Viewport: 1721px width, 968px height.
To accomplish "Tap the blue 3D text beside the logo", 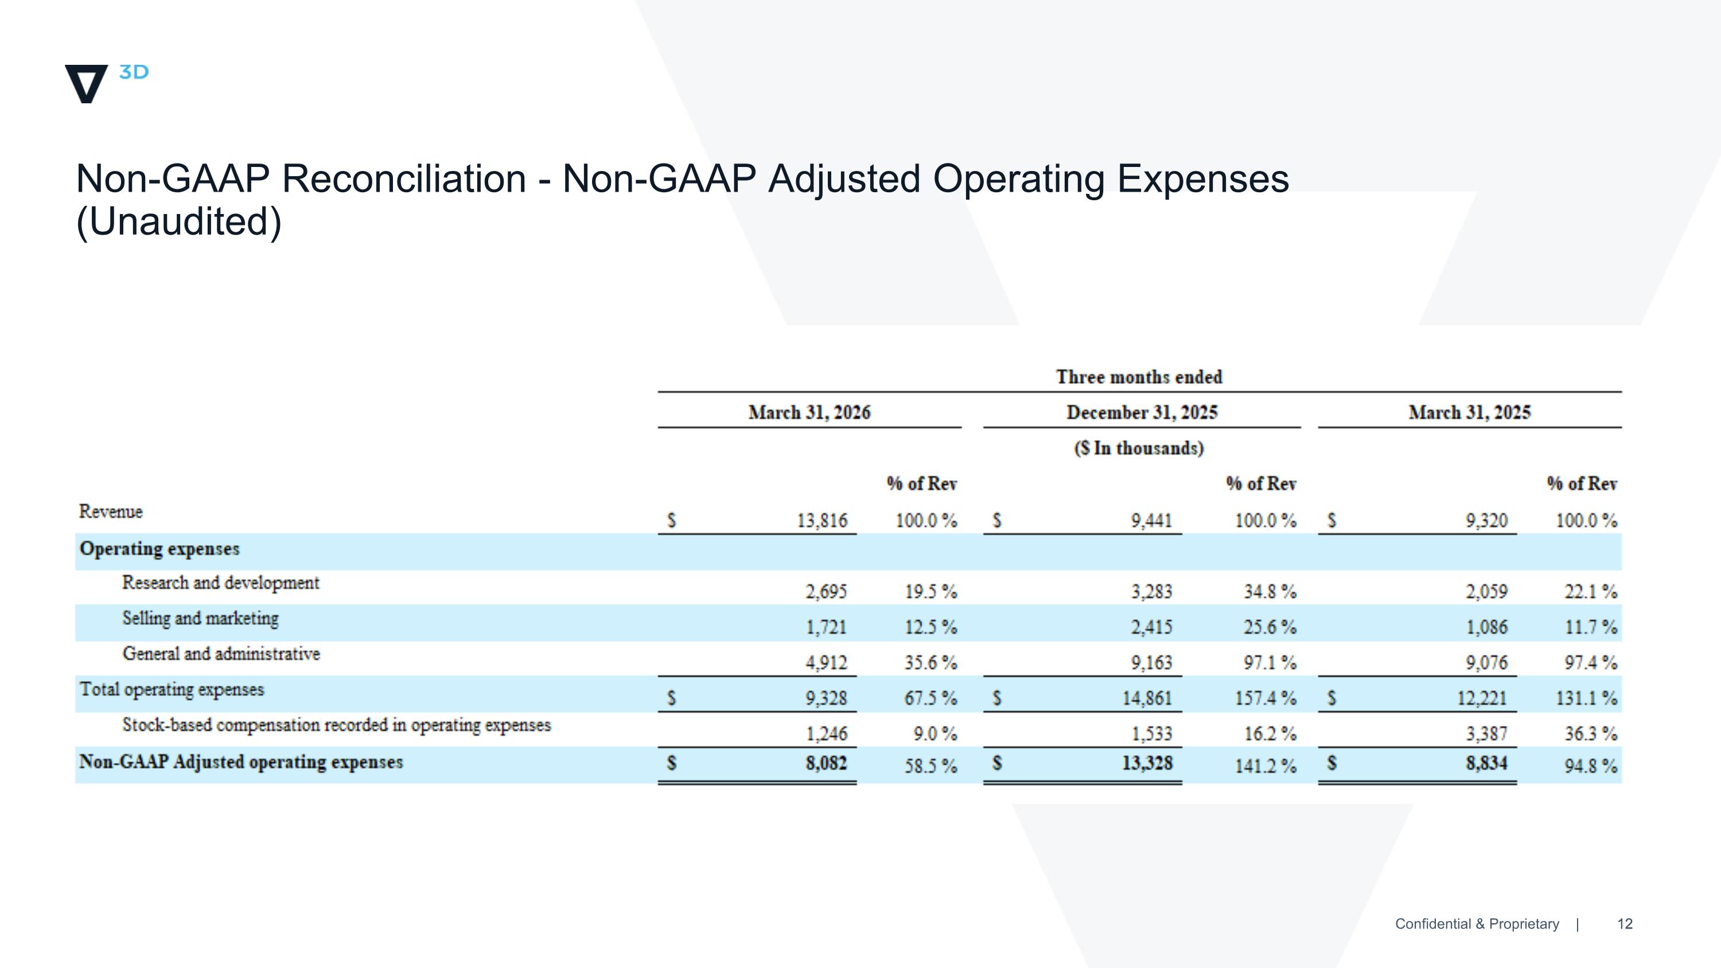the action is (134, 72).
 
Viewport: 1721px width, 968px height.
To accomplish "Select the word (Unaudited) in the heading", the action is (179, 222).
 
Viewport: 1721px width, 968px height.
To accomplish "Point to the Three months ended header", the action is (1139, 377).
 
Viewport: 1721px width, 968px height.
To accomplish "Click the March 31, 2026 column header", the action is (809, 412).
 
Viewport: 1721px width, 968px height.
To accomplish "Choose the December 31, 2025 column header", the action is (1142, 412).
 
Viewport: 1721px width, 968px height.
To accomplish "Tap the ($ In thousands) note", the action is (1139, 448).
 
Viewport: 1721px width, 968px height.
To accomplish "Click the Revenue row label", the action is (111, 511).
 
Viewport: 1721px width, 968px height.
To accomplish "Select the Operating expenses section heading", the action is (159, 549).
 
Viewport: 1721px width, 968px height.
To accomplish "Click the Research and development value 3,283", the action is (1151, 591).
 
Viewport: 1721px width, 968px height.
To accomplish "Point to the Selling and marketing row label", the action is (200, 619).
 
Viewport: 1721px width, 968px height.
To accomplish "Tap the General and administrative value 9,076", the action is (1486, 662).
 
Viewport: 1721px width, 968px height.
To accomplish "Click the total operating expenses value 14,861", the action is (1147, 698).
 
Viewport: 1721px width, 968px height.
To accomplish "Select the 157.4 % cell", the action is (1266, 698).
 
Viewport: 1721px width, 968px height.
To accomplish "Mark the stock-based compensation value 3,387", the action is (1486, 733).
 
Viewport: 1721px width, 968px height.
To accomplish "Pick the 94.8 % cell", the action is (1591, 765).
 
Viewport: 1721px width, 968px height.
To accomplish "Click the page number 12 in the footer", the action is (1625, 924).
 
